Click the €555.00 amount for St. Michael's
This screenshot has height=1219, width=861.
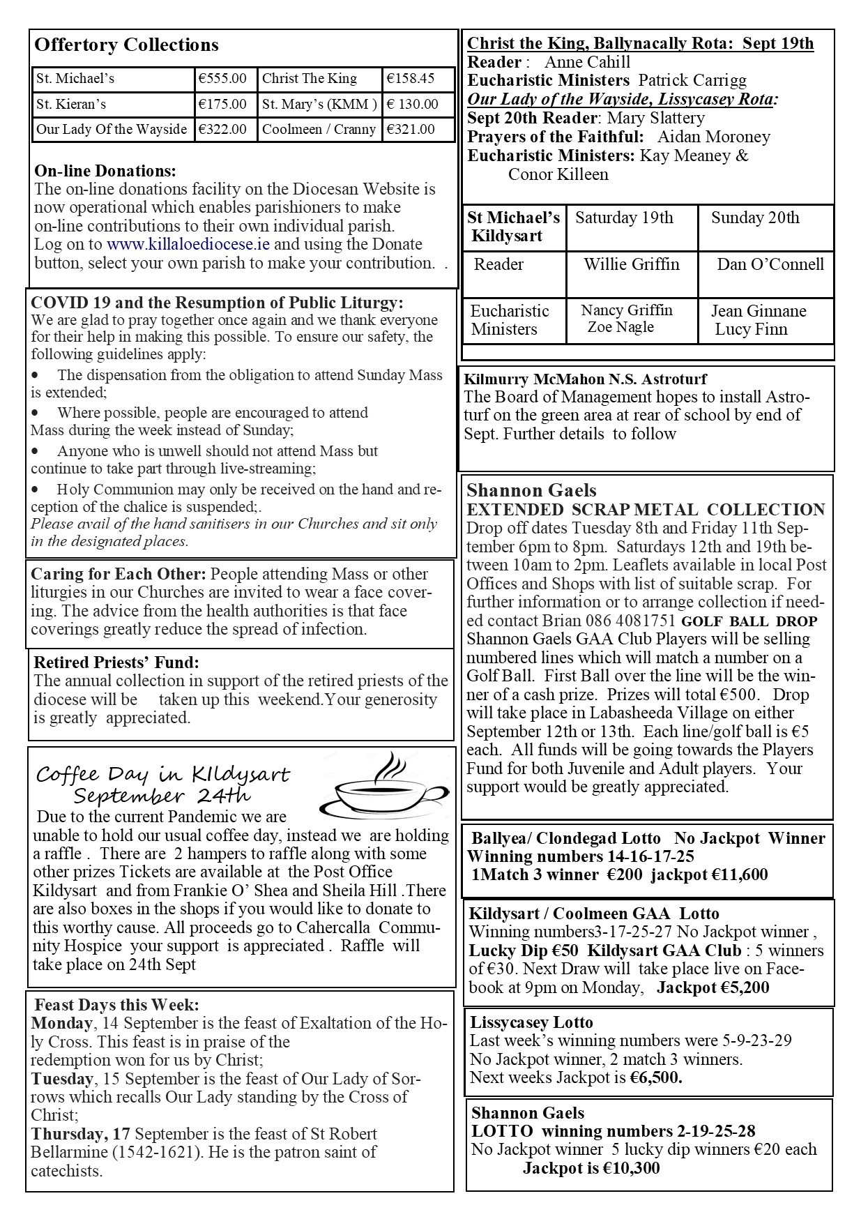point(222,79)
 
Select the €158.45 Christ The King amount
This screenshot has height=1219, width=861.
point(411,79)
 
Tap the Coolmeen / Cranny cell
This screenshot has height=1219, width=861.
point(319,129)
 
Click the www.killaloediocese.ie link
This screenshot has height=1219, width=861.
point(188,245)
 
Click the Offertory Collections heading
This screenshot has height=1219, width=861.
point(126,45)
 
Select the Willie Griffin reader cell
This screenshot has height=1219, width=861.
point(632,264)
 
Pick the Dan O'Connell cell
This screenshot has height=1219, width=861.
point(770,264)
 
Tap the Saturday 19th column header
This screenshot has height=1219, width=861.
point(624,218)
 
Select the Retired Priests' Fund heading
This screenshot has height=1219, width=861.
point(116,662)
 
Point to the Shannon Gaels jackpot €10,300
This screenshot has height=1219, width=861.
point(591,1168)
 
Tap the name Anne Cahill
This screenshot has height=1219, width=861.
point(587,62)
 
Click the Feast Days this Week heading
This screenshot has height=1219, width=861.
point(117,1005)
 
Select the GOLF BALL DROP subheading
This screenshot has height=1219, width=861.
point(749,621)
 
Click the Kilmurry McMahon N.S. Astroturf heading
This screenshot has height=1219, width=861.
point(585,379)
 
